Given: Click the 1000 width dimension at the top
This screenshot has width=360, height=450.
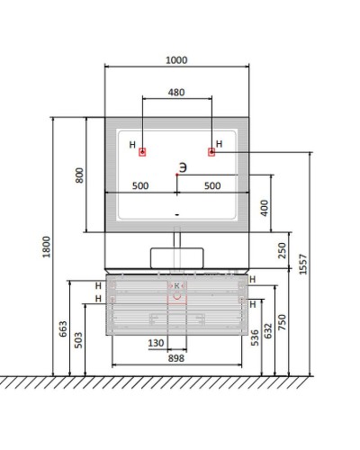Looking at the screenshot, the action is [x=176, y=60].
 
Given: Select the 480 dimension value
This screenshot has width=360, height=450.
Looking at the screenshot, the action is [x=176, y=93].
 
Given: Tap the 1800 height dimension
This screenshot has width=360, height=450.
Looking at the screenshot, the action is [x=47, y=247].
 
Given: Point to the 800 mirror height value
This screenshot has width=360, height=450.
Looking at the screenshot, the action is [x=79, y=175].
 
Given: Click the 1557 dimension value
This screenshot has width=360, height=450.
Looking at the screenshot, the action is [x=303, y=264].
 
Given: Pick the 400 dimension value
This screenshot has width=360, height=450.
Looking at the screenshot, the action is [x=265, y=208].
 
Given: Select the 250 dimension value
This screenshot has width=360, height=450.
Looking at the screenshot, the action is [x=282, y=250].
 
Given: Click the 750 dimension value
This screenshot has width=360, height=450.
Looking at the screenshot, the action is [x=282, y=322].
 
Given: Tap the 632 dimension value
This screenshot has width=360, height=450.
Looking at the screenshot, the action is [x=268, y=331].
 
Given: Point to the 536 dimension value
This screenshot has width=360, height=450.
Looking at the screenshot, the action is [x=255, y=337].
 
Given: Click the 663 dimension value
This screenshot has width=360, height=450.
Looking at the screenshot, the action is [x=63, y=328].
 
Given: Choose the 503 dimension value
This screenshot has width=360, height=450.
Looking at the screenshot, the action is [x=78, y=340].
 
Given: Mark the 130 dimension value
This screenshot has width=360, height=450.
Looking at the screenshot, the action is [x=156, y=343].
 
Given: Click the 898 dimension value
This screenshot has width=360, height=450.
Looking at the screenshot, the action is [x=176, y=358].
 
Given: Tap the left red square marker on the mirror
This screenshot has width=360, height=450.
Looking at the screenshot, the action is [x=142, y=152].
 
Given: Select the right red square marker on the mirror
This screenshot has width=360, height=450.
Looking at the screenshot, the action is [x=211, y=152].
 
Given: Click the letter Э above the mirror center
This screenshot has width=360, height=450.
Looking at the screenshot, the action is [x=183, y=167].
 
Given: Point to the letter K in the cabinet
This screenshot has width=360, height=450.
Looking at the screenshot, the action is [x=176, y=286].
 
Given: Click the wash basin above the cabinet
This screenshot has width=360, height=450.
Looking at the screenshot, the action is [x=177, y=257].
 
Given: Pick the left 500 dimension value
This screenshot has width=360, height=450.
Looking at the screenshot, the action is [x=140, y=186].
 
